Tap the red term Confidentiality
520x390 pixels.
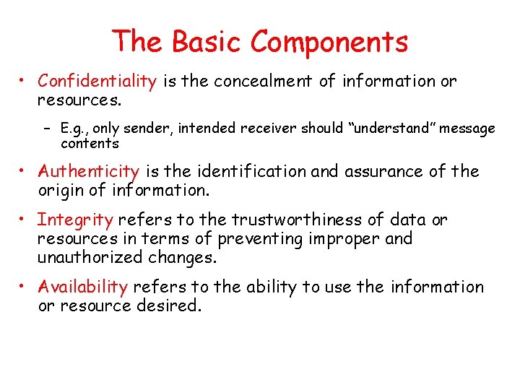[x=97, y=81]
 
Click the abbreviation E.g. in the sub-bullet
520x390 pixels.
[x=74, y=129]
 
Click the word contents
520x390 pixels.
[x=90, y=143]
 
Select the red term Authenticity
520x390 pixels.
[x=88, y=172]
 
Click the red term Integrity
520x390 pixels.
[x=75, y=220]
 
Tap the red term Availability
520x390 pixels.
[x=82, y=287]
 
